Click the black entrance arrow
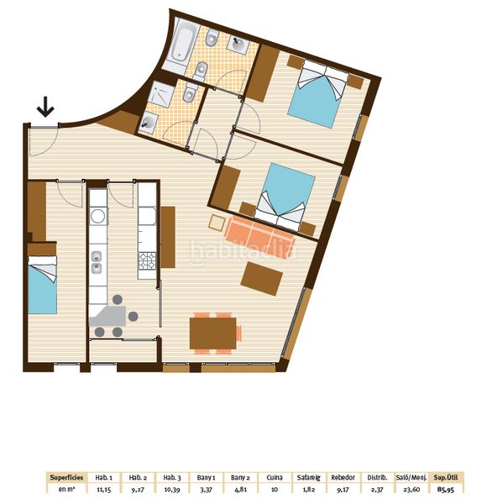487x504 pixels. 45,107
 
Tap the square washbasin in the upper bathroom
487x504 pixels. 238,44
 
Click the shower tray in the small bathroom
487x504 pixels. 160,92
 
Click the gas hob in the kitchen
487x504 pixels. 147,261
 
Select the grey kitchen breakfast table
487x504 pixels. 108,316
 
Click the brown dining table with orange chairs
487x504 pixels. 213,333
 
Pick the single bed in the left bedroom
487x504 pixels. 43,285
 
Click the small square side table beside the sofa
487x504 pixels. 217,223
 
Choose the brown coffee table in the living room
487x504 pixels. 262,278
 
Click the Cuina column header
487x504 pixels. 275,478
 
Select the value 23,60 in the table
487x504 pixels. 411,490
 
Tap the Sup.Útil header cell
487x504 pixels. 446,478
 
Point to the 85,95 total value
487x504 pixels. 446,490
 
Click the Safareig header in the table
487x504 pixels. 309,478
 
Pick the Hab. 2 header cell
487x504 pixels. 138,478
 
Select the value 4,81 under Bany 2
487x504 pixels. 240,490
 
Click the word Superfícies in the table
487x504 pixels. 67,478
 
